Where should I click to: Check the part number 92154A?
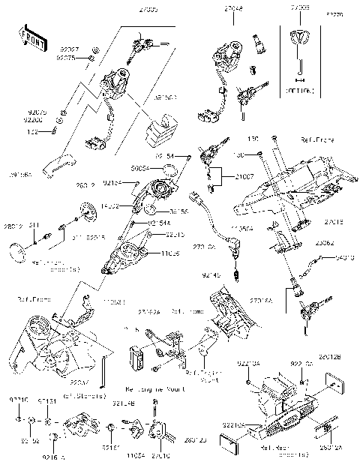coord(156,222)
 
